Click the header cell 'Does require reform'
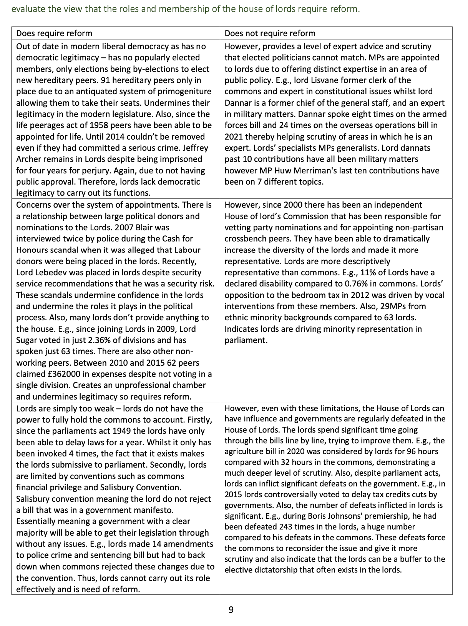point(54,33)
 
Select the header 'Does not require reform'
point(270,33)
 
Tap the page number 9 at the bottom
point(231,610)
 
